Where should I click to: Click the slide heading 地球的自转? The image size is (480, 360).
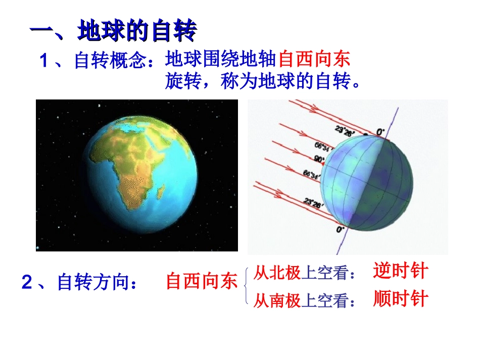[x=136, y=31]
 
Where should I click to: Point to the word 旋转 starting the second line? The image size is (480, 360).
[x=179, y=81]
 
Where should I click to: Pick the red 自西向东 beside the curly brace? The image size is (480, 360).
[x=202, y=281]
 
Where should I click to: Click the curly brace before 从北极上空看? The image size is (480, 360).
[x=246, y=286]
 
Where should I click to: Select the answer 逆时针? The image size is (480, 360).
[x=400, y=271]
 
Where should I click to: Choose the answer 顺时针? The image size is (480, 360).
[x=400, y=299]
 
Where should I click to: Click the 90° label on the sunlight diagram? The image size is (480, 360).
[x=319, y=159]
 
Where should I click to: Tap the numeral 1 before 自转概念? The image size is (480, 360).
[x=44, y=61]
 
